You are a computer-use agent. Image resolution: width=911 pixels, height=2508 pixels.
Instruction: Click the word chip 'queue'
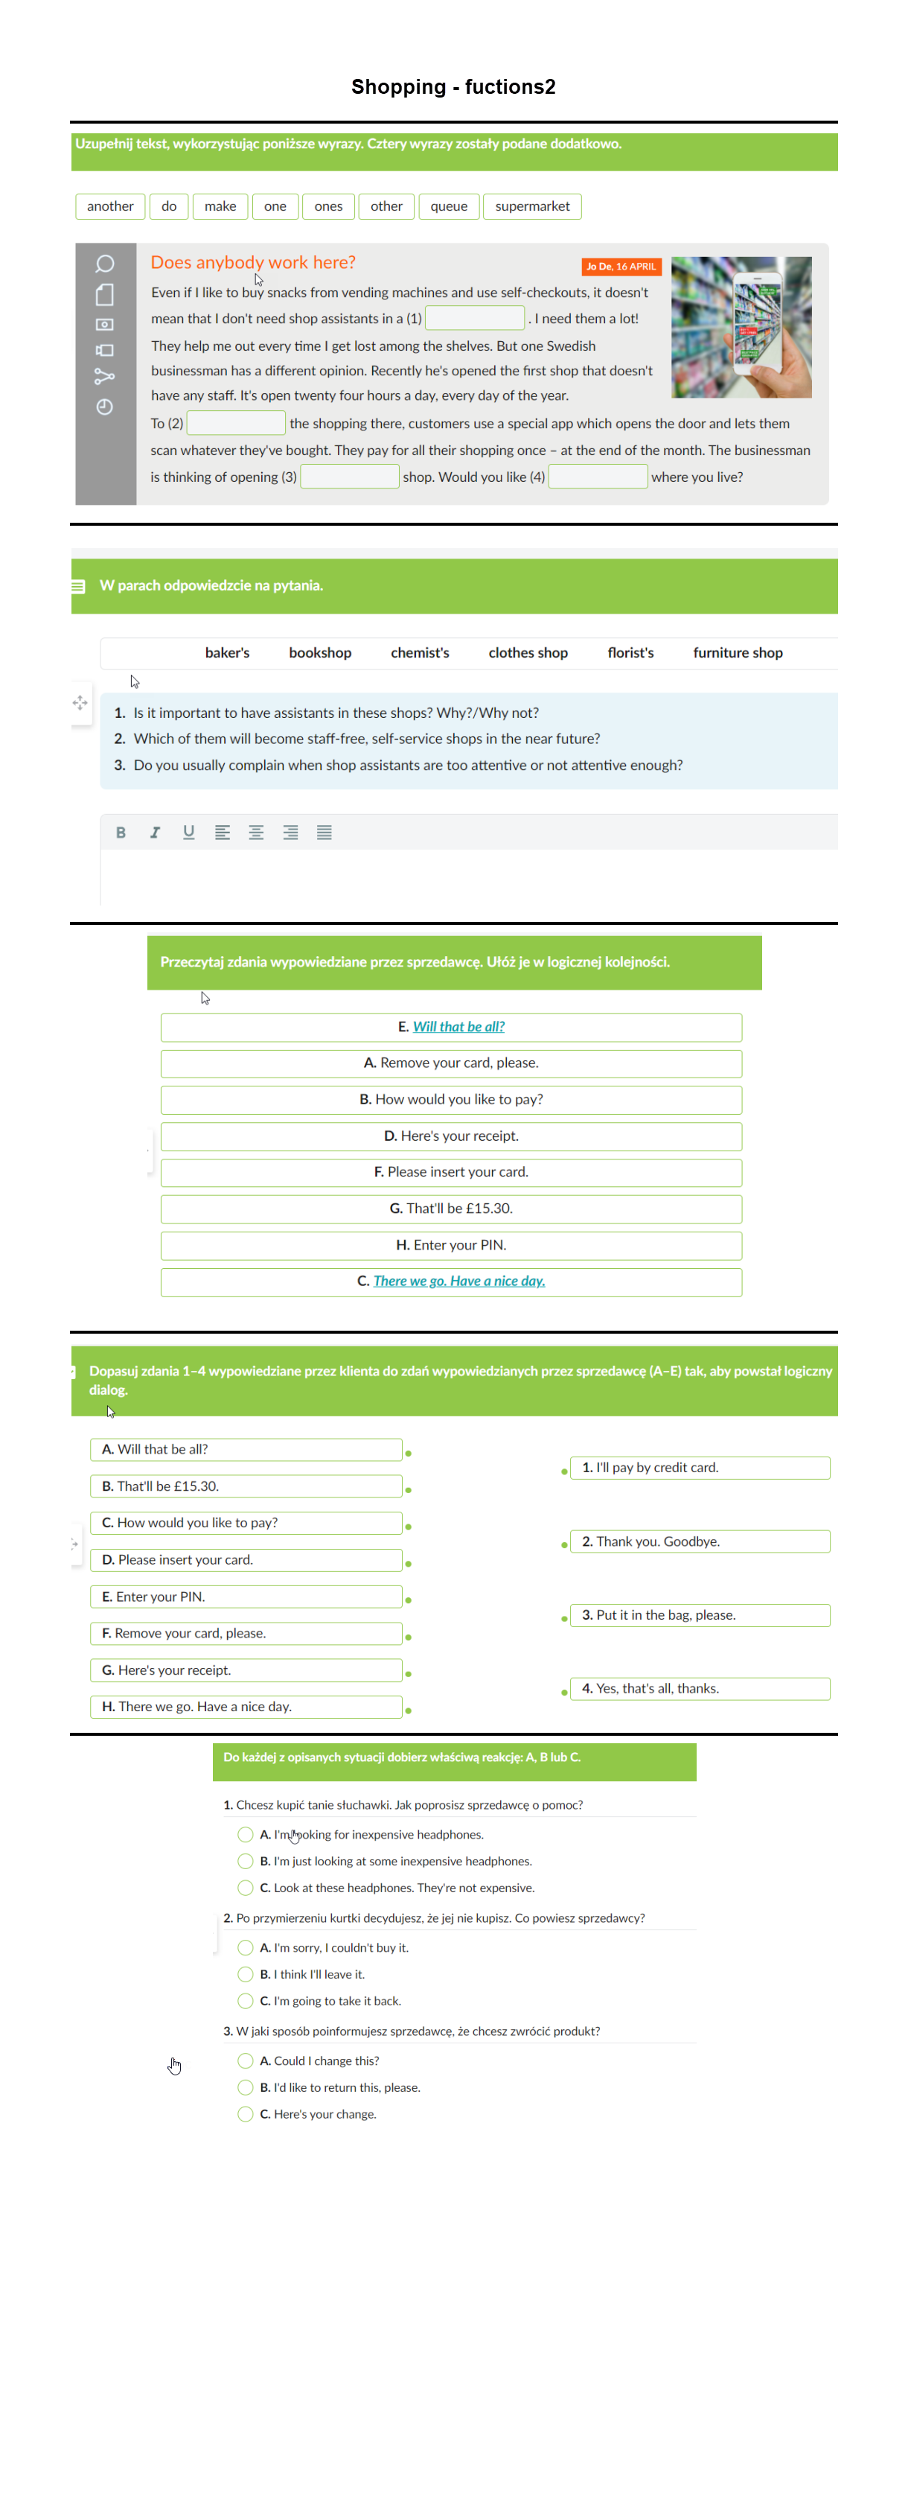tap(449, 206)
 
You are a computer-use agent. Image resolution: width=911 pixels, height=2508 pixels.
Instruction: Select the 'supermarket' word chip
tap(531, 206)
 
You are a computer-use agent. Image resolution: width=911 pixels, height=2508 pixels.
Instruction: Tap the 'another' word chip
tap(110, 206)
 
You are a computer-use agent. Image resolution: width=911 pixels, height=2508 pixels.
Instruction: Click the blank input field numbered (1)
tap(475, 319)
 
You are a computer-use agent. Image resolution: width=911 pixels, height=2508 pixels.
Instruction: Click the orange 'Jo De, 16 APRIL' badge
tap(621, 267)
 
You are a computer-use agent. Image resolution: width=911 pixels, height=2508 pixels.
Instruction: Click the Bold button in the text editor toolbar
tap(121, 833)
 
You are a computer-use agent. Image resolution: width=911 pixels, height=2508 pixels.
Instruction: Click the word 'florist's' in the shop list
tap(630, 653)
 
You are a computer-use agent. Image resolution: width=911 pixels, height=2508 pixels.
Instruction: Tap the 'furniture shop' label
tap(737, 653)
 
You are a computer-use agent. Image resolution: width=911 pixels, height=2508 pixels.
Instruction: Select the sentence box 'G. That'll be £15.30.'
tap(450, 1209)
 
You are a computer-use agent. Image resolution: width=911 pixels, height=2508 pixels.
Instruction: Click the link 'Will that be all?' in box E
tap(458, 1027)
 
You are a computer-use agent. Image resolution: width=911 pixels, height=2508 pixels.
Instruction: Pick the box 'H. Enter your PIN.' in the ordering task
tap(450, 1245)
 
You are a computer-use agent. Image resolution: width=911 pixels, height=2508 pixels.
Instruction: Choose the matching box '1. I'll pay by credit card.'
tap(699, 1467)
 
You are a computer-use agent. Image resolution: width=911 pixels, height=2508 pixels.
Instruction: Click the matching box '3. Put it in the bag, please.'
tap(699, 1615)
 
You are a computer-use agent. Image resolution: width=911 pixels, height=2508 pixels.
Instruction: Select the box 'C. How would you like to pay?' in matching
tap(246, 1523)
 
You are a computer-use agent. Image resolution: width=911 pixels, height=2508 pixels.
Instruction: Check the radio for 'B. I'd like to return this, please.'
tap(246, 2087)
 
